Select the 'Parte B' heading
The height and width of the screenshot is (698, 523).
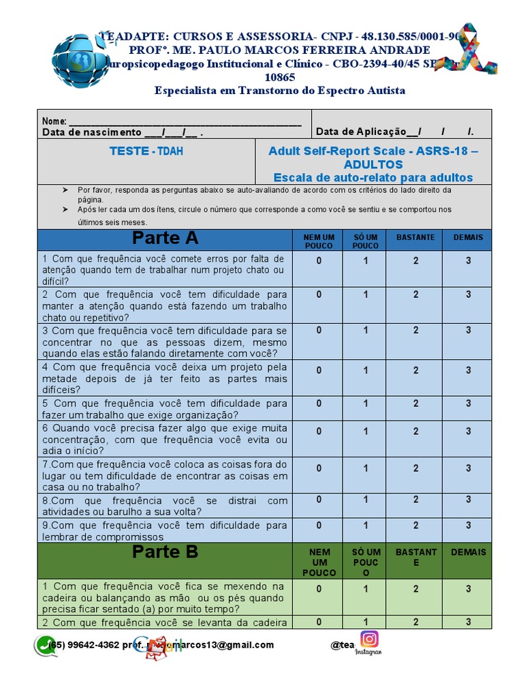pos(165,552)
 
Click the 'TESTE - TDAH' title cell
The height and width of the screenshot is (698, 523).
pos(146,151)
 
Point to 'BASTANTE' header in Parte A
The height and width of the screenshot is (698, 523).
pos(415,237)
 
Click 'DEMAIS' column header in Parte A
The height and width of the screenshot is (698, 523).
pos(468,237)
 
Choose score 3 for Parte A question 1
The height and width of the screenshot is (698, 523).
pos(468,260)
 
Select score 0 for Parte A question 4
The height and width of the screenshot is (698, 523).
pos(318,370)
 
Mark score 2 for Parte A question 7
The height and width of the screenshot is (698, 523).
pos(415,468)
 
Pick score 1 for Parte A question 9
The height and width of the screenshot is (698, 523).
pos(366,526)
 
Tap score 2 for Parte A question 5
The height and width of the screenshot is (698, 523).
pos(415,404)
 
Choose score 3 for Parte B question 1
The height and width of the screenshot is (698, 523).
pos(468,589)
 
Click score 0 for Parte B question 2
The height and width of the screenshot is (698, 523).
pos(318,622)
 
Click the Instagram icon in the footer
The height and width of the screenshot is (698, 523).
pos(370,639)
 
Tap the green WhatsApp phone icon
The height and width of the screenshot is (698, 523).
pos(46,646)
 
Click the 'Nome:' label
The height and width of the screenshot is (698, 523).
pos(54,121)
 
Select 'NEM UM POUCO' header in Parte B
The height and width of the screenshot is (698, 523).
pos(319,562)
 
